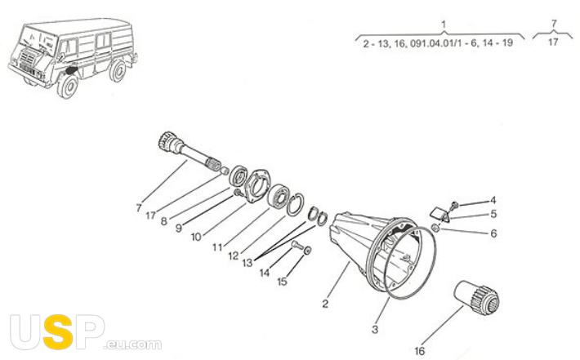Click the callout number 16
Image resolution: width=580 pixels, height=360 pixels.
[x=419, y=351]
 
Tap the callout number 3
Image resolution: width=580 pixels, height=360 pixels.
[x=375, y=329]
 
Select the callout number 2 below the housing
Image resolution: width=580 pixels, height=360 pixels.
[x=325, y=304]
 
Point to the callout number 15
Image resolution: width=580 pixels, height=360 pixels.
[x=282, y=282]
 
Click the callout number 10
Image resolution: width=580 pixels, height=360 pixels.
[x=196, y=237]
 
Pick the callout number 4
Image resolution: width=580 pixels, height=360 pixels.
[x=493, y=200]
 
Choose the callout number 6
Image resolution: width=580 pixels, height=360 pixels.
[x=493, y=233]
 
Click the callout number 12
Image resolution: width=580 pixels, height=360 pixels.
[x=234, y=256]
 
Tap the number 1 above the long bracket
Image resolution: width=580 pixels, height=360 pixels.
[x=444, y=24]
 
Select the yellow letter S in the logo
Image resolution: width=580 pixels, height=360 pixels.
[x=58, y=332]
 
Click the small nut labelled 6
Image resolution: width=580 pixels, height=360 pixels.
[x=435, y=228]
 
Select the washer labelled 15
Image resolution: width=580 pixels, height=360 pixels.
[x=307, y=251]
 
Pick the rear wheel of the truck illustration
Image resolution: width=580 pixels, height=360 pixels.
[x=118, y=70]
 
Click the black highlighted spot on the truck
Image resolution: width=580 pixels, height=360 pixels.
[x=70, y=69]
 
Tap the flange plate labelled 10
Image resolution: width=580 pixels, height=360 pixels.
[x=257, y=187]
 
